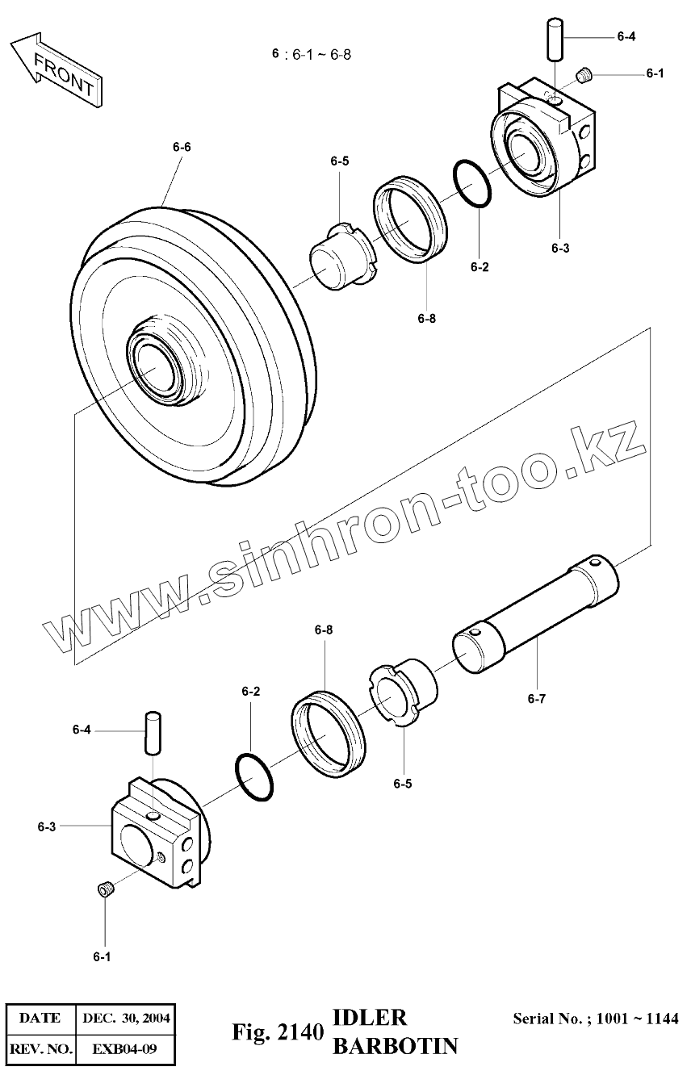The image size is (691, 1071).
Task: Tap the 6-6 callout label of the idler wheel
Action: coord(182,147)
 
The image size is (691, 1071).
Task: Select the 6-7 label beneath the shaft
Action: coord(537,699)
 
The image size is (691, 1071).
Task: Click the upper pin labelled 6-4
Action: coord(553,40)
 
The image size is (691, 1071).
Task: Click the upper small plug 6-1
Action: coord(585,77)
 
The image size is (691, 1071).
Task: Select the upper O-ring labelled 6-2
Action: coord(473,184)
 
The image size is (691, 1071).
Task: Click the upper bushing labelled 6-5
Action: coord(341,257)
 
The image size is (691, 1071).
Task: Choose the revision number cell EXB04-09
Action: coord(125,1049)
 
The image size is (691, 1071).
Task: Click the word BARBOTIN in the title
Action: coord(395,1046)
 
